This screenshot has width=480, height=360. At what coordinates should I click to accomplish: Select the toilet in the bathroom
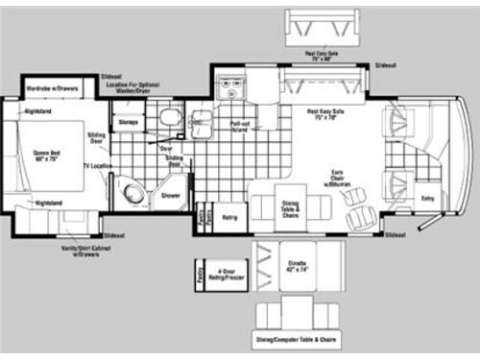169,118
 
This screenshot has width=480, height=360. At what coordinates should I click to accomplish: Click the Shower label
170,195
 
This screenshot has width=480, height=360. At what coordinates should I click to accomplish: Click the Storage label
127,122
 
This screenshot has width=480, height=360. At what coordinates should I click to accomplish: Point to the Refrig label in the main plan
229,218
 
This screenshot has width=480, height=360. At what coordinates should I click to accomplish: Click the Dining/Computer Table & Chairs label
297,341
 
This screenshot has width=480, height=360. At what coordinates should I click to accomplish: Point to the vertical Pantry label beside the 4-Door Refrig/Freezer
199,273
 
